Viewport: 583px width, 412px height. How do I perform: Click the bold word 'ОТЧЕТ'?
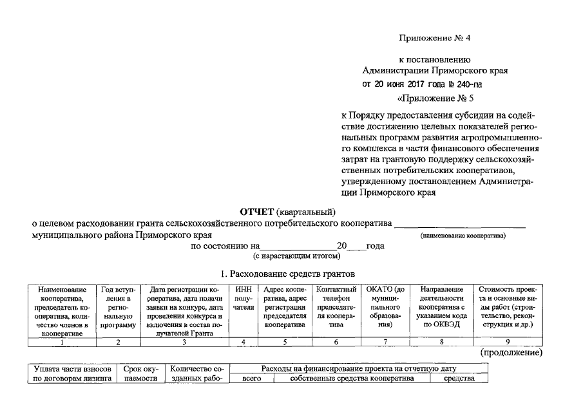(256, 212)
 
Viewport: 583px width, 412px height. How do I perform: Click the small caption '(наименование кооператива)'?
(463, 236)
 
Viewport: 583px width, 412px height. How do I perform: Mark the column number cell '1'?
(61, 342)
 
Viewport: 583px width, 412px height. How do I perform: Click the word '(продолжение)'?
(511, 353)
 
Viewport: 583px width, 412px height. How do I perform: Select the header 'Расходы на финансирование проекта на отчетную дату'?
(358, 368)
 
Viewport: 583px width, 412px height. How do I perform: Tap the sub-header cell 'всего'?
(251, 379)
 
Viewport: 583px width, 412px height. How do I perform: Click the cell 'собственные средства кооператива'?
(352, 379)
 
